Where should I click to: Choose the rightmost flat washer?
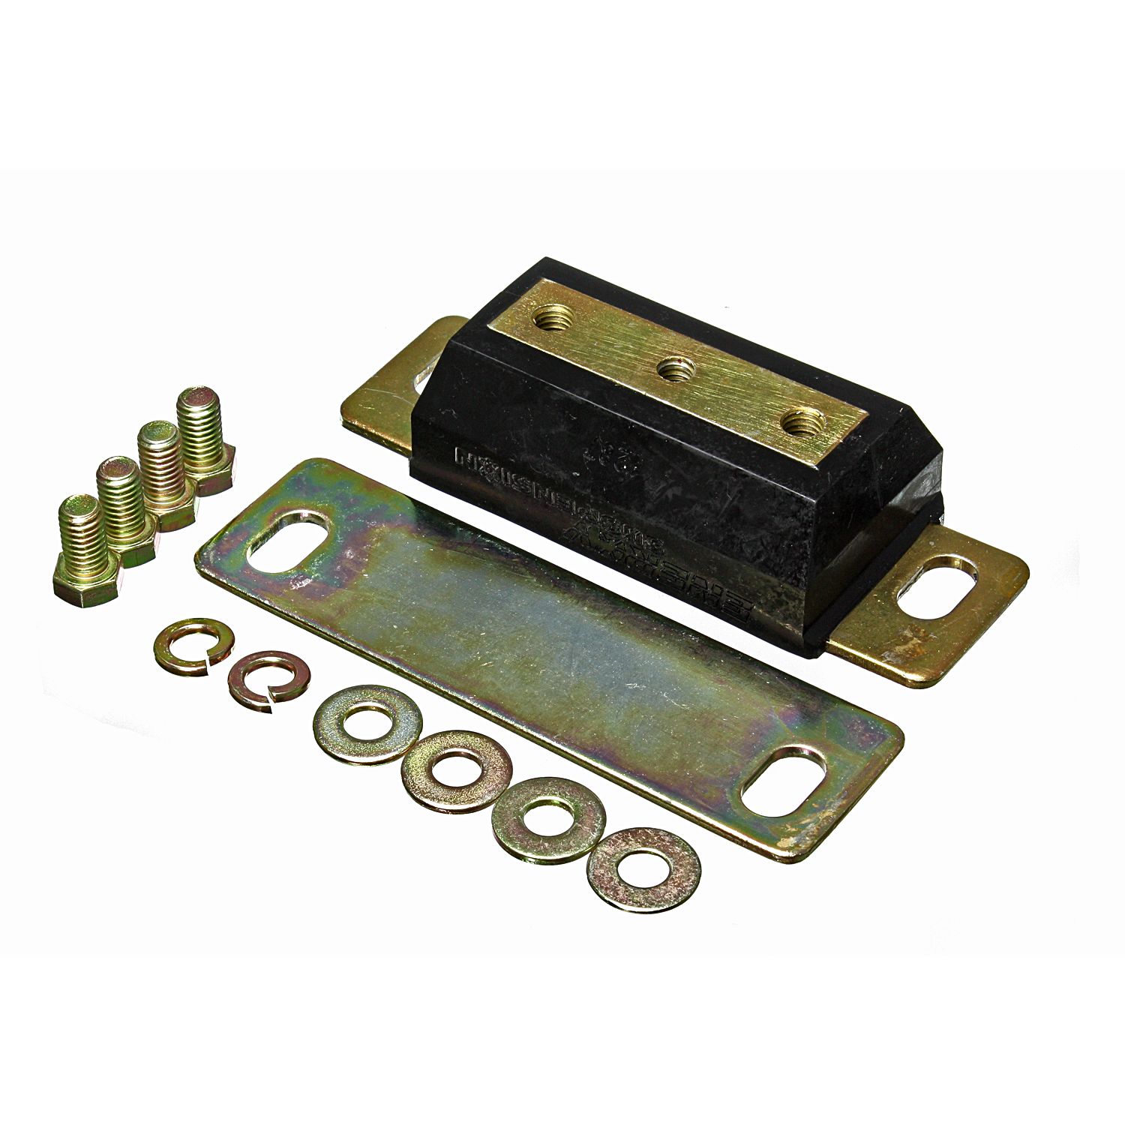click(644, 868)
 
